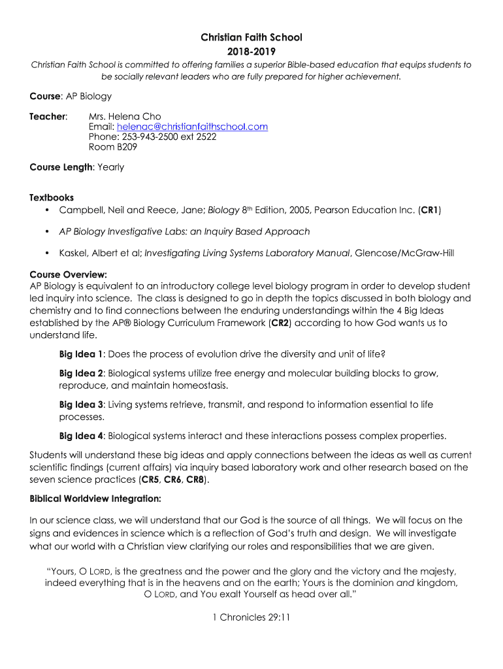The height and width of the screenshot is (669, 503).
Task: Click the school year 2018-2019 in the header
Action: tap(251, 51)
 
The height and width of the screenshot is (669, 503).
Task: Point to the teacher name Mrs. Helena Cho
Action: tap(125, 116)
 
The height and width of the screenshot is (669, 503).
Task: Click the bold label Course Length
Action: tap(61, 167)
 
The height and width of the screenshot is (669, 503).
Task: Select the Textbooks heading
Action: tap(52, 197)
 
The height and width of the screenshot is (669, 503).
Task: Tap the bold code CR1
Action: tap(429, 210)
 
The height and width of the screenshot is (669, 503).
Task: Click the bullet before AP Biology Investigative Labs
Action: tap(48, 231)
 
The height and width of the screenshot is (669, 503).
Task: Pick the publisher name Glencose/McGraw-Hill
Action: tap(400, 252)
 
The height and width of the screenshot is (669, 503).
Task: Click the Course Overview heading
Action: tap(69, 274)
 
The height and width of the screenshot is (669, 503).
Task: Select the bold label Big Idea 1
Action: tap(81, 354)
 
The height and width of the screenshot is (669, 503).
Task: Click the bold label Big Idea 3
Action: tap(81, 405)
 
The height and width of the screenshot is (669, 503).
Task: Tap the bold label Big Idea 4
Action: tap(81, 435)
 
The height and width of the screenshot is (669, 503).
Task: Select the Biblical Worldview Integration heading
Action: tap(95, 498)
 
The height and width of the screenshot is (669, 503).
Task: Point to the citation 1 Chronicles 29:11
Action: tap(251, 615)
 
